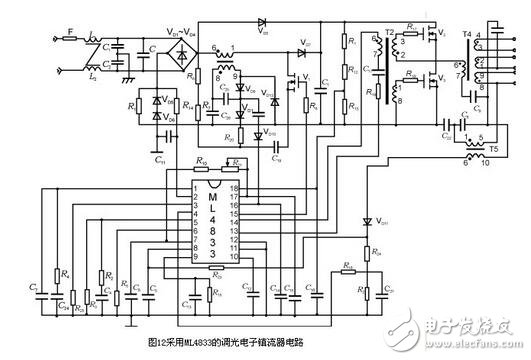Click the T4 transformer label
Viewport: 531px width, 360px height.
(x=467, y=33)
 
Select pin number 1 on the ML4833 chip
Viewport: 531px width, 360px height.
(x=199, y=187)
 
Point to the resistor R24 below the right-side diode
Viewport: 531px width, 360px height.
(x=373, y=255)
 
